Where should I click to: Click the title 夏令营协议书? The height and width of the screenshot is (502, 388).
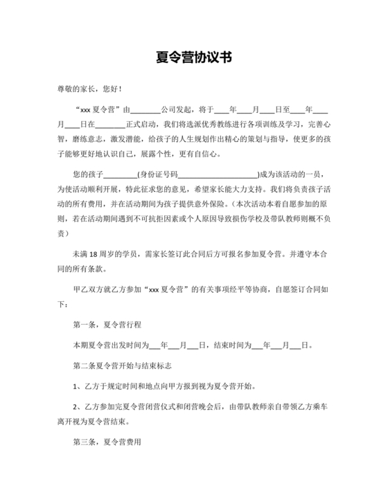[x=194, y=58]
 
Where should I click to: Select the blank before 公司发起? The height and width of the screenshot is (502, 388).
[x=146, y=109]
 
